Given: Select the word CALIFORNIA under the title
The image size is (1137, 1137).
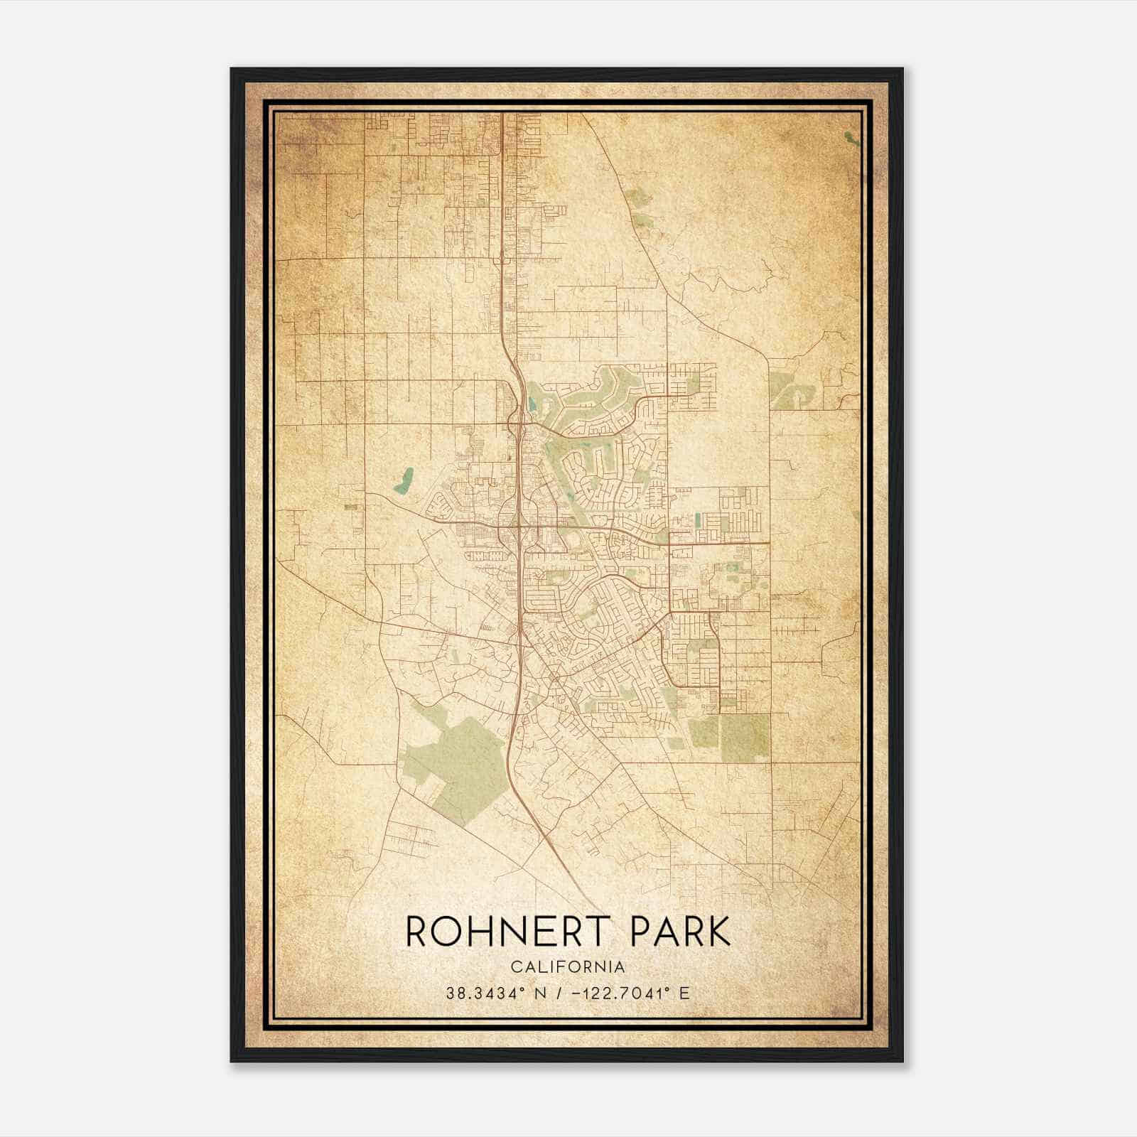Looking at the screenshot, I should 568,967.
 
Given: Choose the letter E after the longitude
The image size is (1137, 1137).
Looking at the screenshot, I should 684,993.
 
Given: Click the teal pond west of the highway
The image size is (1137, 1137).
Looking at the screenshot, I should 405,480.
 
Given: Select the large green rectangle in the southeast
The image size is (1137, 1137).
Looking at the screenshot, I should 745,738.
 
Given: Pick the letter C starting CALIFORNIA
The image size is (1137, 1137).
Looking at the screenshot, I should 514,967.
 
